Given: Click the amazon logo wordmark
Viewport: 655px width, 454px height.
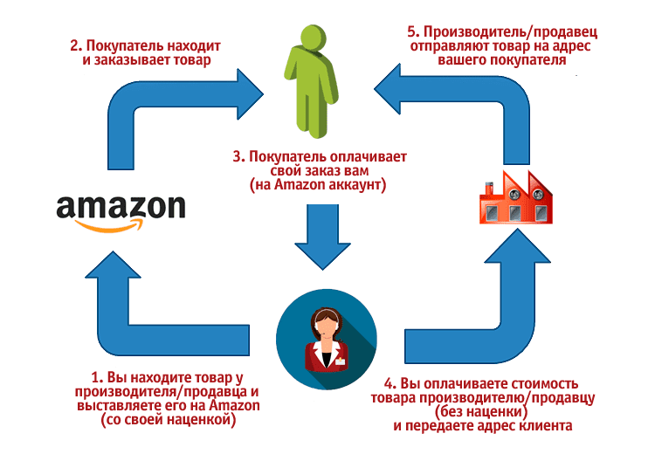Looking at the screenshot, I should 121,207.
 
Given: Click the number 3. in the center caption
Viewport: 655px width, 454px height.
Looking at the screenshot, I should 236,157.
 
